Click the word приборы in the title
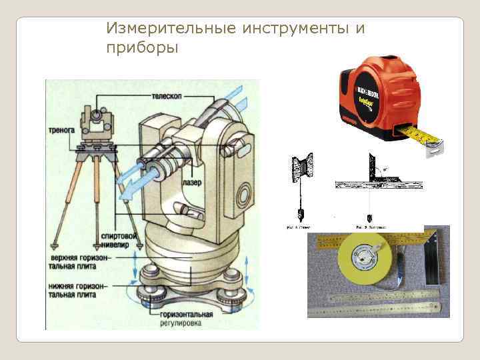pos(142,48)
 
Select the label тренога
pos(61,131)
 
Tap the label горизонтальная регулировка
pos(186,318)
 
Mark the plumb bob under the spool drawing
pos(300,214)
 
